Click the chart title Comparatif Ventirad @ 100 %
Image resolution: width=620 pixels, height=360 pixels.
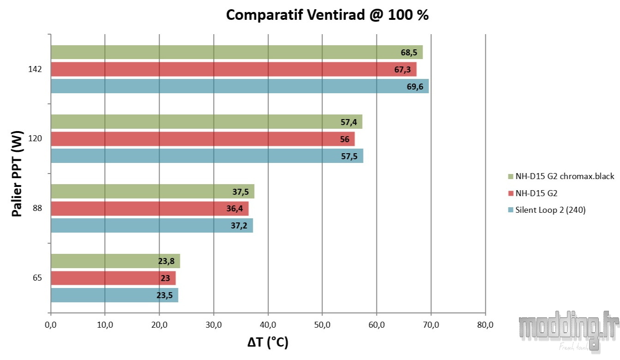(x=327, y=15)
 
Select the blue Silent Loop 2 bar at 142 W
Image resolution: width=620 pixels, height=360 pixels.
(x=239, y=86)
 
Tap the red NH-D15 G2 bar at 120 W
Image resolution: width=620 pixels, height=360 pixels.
(x=203, y=139)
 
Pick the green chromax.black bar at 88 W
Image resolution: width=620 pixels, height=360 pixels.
(x=152, y=191)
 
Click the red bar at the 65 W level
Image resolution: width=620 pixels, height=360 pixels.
(x=113, y=278)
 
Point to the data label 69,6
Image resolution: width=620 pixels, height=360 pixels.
(x=415, y=86)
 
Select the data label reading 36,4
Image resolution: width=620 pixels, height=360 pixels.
(x=235, y=209)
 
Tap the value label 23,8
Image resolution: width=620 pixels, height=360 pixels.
(x=166, y=261)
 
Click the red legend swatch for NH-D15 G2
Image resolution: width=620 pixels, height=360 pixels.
(x=511, y=193)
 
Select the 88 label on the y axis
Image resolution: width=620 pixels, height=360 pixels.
(x=37, y=209)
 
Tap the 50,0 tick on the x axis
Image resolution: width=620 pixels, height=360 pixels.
(x=322, y=325)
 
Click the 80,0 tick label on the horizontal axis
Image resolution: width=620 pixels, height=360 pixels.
(x=485, y=325)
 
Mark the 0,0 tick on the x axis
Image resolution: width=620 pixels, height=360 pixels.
(x=51, y=325)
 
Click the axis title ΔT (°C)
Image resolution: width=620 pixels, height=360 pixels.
(x=268, y=342)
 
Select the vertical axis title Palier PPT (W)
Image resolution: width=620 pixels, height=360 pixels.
(x=18, y=174)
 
